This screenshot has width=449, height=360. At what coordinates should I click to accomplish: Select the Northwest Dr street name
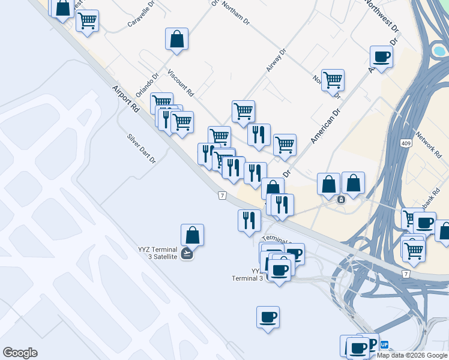pyautogui.click(x=381, y=16)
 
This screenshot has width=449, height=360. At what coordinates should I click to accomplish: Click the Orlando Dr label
pyautogui.click(x=146, y=86)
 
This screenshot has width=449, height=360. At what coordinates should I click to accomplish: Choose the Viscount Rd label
pyautogui.click(x=181, y=83)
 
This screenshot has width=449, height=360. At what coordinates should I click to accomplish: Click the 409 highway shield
pyautogui.click(x=406, y=143)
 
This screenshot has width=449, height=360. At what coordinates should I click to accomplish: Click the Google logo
pyautogui.click(x=20, y=353)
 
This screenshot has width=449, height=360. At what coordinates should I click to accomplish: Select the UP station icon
pyautogui.click(x=385, y=345)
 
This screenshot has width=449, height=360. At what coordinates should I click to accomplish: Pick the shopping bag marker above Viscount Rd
pyautogui.click(x=177, y=40)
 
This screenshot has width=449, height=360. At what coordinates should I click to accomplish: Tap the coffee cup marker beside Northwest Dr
pyautogui.click(x=381, y=58)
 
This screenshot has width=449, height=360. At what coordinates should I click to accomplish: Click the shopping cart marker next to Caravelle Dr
pyautogui.click(x=88, y=21)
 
